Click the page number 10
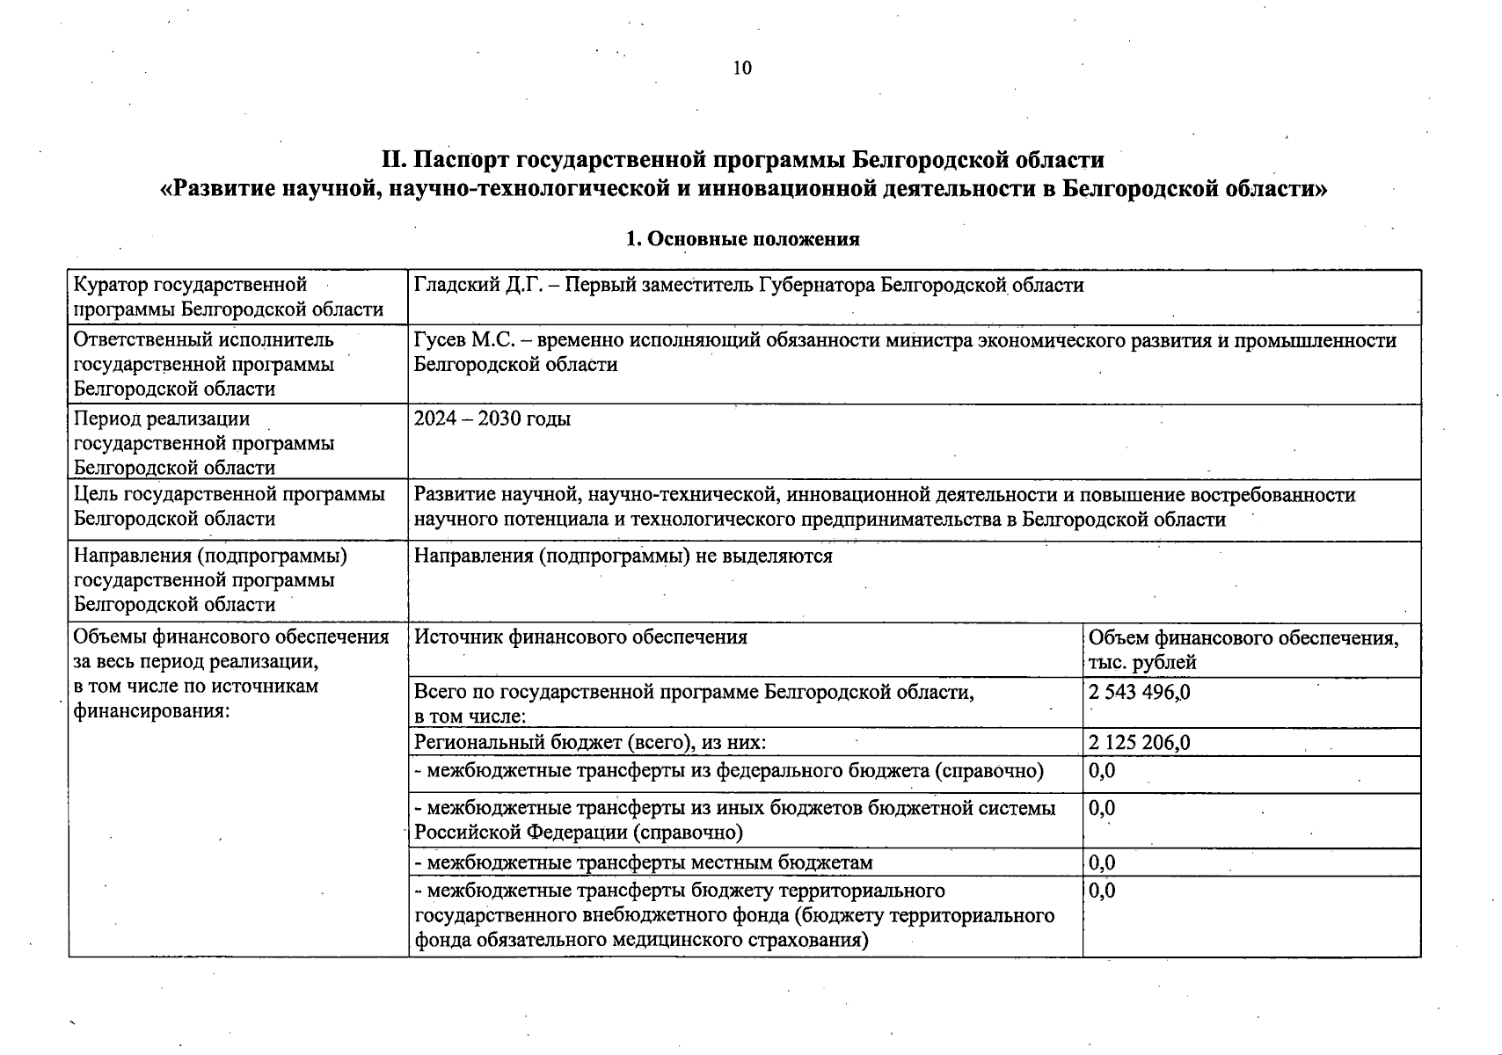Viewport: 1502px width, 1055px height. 742,69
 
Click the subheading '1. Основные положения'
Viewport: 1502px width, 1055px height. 742,239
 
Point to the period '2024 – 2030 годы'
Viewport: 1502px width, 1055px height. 492,418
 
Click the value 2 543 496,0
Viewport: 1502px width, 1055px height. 1139,692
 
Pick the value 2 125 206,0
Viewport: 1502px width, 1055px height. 1139,743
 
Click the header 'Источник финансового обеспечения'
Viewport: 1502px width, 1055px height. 580,637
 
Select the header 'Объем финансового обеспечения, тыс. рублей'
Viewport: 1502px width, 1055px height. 1243,650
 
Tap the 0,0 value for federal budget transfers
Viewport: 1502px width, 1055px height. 1102,771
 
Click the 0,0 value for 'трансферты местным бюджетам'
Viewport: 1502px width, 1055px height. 1102,863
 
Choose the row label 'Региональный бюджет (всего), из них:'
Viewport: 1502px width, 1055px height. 590,743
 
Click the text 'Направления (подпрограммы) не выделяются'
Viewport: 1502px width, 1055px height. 623,556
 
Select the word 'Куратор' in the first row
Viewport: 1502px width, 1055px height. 111,285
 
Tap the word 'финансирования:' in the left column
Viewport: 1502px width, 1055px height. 151,710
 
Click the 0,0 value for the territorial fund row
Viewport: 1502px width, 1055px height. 1102,891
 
